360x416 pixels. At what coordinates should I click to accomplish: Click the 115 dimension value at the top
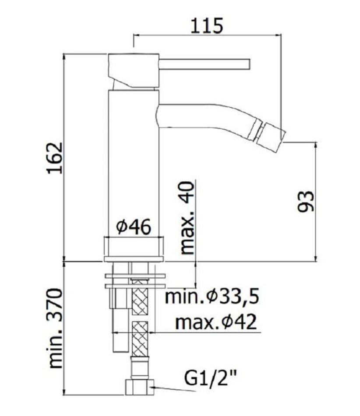click(207, 26)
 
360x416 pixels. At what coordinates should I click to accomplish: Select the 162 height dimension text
click(55, 158)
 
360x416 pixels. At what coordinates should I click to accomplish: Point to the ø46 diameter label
click(133, 227)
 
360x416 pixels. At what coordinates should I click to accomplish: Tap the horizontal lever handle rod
click(205, 64)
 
